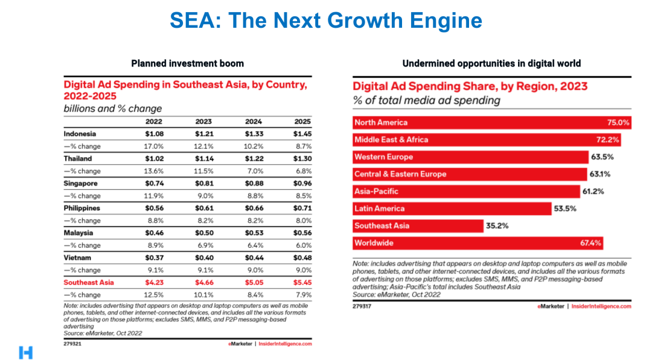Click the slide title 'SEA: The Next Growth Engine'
tap(326, 21)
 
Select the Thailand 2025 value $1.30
tap(302, 158)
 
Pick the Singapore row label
tap(80, 183)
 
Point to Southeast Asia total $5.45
tap(302, 282)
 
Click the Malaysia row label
tap(79, 233)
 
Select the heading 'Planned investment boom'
tap(188, 63)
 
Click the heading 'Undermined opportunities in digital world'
tap(491, 63)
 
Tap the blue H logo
tap(25, 353)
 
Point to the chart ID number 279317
tap(362, 306)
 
